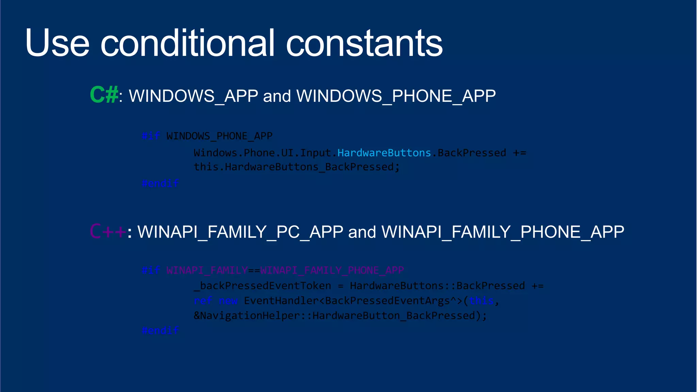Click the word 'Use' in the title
(57, 43)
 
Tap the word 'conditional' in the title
(187, 43)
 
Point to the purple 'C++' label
(108, 232)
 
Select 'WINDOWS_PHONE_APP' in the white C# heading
(396, 96)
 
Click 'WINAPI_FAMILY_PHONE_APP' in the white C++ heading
(503, 232)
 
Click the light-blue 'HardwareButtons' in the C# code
(384, 153)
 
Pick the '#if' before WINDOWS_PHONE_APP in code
(151, 136)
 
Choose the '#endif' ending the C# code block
(160, 183)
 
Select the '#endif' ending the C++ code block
(160, 330)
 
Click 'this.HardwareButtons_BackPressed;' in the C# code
(296, 167)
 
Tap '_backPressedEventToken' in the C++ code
(262, 286)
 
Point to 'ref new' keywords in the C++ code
(215, 301)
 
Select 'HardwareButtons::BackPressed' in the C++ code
(437, 286)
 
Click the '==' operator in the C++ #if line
(254, 270)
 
